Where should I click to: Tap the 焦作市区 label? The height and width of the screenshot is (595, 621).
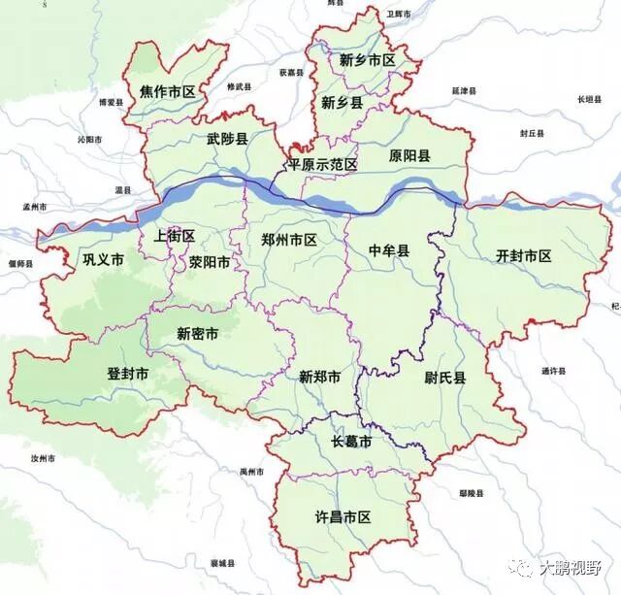pyautogui.click(x=167, y=92)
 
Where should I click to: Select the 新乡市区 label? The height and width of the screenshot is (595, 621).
pyautogui.click(x=368, y=60)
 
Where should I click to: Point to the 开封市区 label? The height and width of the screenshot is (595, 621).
pyautogui.click(x=523, y=256)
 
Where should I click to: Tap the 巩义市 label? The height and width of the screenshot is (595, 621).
pyautogui.click(x=103, y=260)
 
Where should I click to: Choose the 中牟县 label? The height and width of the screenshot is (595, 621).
pyautogui.click(x=389, y=250)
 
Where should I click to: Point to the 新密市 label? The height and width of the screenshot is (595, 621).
pyautogui.click(x=197, y=333)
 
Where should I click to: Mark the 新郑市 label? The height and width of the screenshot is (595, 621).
pyautogui.click(x=319, y=377)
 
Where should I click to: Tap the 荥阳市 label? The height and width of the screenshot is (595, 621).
pyautogui.click(x=210, y=262)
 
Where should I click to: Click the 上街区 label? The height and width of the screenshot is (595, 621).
pyautogui.click(x=175, y=236)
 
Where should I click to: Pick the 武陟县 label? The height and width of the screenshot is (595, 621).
pyautogui.click(x=227, y=139)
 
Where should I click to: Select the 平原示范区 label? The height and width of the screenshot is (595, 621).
pyautogui.click(x=322, y=165)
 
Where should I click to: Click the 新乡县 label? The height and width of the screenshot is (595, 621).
pyautogui.click(x=342, y=102)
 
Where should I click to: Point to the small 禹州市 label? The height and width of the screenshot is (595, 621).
pyautogui.click(x=252, y=471)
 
